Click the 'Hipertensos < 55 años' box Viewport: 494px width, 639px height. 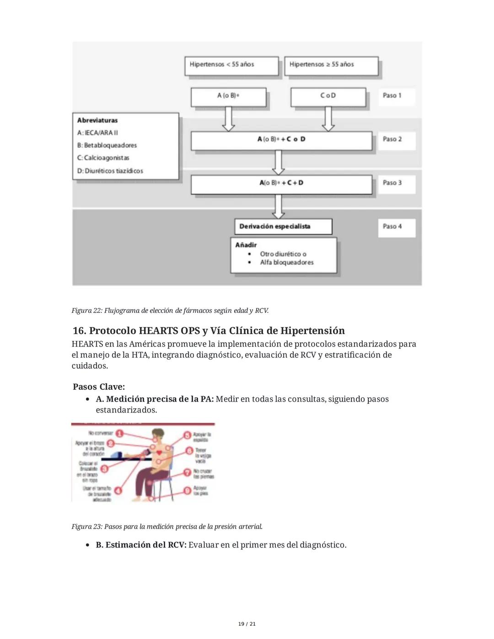click(231, 65)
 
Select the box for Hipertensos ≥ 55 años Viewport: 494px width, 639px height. click(331, 65)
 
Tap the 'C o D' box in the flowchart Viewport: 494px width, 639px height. click(328, 97)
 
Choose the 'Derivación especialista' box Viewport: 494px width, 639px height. click(283, 226)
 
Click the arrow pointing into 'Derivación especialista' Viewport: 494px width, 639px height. click(278, 207)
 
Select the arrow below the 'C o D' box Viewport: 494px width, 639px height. click(328, 119)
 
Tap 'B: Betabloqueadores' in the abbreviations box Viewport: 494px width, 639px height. click(107, 145)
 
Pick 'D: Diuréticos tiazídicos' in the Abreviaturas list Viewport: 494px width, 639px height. click(110, 171)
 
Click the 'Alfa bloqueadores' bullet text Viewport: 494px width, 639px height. click(287, 263)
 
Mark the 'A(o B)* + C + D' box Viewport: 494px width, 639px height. click(281, 183)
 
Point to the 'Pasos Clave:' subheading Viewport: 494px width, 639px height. click(98, 387)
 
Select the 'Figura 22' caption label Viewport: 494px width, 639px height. click(87, 311)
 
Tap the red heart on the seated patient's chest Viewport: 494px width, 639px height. click(159, 452)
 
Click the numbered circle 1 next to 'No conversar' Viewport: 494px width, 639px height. click(119, 434)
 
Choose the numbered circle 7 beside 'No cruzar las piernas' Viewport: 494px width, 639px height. click(187, 473)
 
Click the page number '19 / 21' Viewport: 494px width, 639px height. click(247, 624)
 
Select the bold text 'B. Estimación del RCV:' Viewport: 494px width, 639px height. click(141, 545)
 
